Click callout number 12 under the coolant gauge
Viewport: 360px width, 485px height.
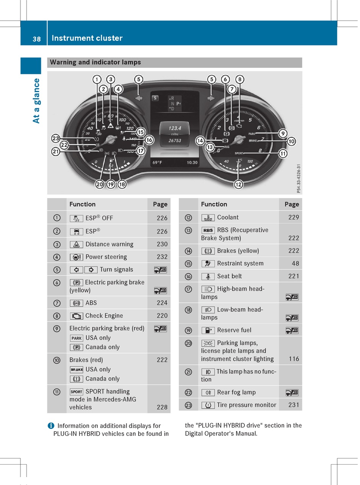tap(238, 185)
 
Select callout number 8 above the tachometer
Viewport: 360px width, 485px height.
tap(239, 80)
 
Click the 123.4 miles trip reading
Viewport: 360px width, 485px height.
tap(175, 128)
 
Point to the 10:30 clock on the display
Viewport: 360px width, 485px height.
tap(192, 162)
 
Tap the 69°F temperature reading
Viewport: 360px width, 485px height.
tap(157, 162)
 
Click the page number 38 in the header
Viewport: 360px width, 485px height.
tap(36, 39)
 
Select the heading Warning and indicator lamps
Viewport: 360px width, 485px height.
tap(95, 62)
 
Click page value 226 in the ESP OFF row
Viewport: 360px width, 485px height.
tap(162, 218)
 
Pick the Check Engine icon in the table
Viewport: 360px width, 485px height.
tap(77, 316)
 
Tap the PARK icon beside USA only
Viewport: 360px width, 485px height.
tap(77, 338)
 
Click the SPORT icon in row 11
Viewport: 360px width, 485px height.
tap(76, 392)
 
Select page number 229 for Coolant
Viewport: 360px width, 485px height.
tap(293, 217)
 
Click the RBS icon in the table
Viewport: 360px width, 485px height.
tap(208, 230)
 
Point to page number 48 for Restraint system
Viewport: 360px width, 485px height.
tap(295, 264)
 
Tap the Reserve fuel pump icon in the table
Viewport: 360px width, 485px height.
tap(208, 330)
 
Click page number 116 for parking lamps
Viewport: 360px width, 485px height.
tap(294, 359)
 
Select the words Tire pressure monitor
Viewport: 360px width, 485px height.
tap(247, 405)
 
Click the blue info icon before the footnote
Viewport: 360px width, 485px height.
tap(50, 426)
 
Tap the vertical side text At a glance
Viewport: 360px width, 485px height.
tap(36, 100)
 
